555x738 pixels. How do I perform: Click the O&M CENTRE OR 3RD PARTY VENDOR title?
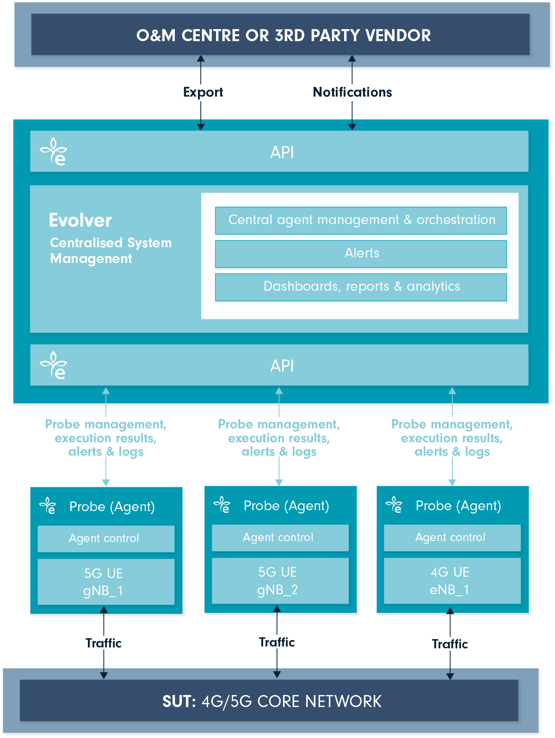[x=283, y=36]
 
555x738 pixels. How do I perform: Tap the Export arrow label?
[x=203, y=92]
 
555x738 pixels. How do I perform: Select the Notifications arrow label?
[x=352, y=92]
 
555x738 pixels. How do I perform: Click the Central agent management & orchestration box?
[x=361, y=220]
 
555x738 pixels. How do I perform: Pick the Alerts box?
[x=361, y=254]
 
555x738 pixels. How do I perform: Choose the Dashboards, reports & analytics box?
[x=361, y=287]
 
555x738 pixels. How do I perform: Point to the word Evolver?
[x=80, y=220]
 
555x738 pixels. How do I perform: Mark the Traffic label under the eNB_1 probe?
[x=450, y=644]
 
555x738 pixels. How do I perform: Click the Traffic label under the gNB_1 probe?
[x=104, y=643]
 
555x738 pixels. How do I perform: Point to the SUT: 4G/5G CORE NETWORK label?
[x=272, y=701]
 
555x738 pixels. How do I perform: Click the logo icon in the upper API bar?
[x=54, y=152]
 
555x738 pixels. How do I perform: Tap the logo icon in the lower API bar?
[x=54, y=365]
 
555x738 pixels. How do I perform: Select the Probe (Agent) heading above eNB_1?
[x=458, y=506]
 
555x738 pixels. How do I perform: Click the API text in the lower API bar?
[x=282, y=366]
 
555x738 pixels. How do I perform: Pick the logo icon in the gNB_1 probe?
[x=48, y=506]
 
